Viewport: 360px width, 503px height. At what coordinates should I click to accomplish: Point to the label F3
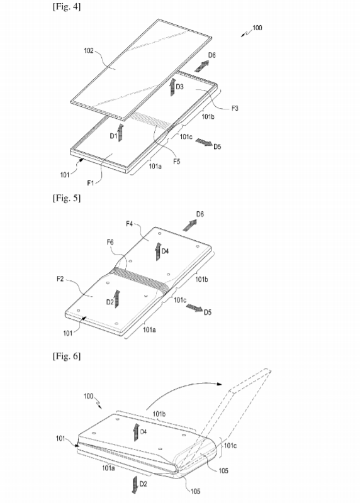[x=235, y=108]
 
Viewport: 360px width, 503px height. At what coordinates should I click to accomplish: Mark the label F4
[x=130, y=223]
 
